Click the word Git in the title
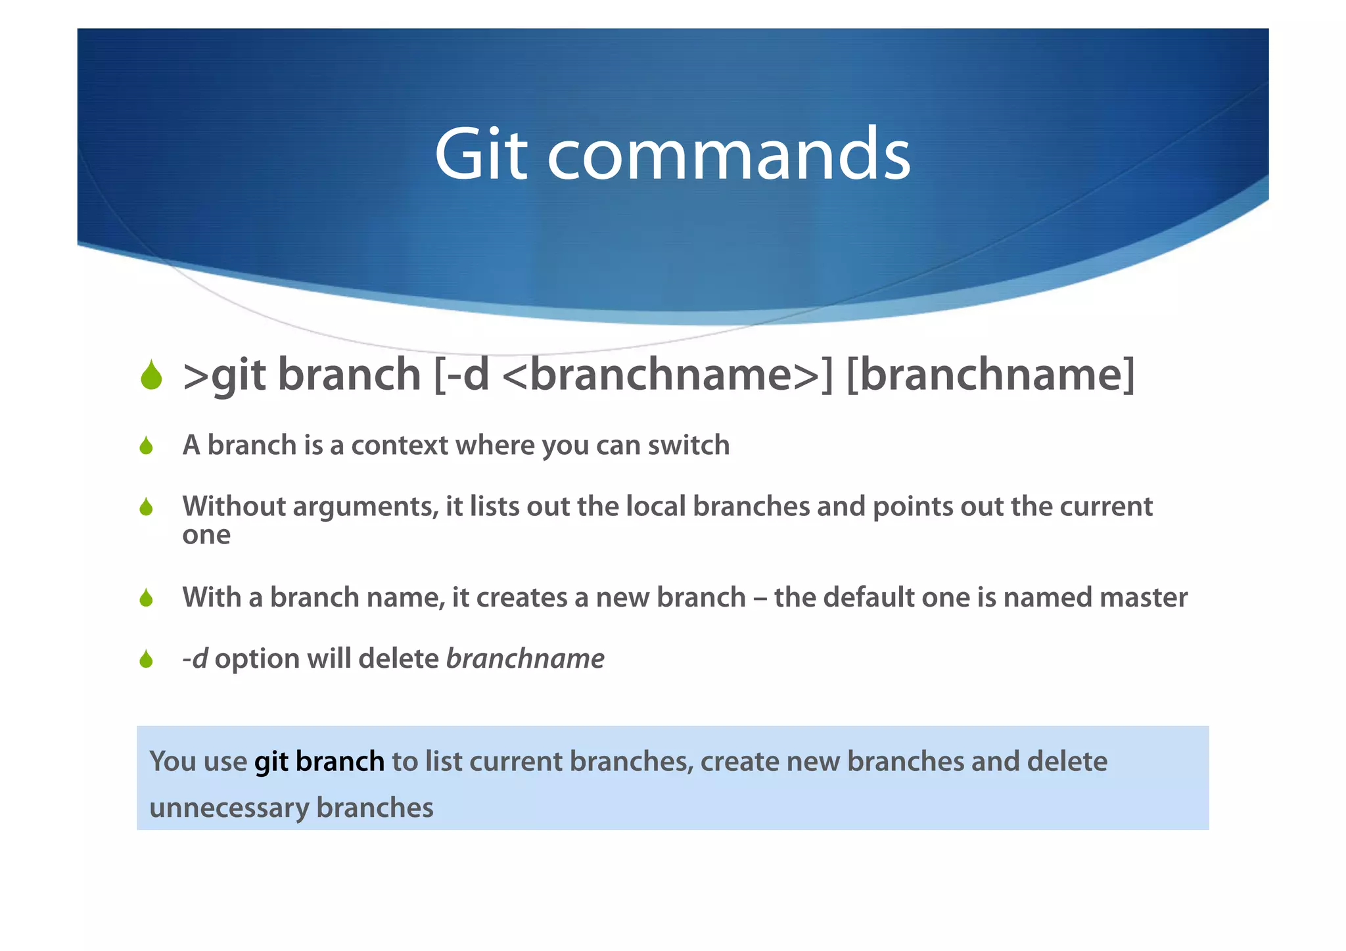tap(480, 154)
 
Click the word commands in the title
tap(729, 154)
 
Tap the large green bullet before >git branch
tap(151, 376)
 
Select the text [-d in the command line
tap(461, 375)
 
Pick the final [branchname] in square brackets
tap(990, 375)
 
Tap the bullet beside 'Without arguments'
tap(146, 507)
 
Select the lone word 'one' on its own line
tap(206, 536)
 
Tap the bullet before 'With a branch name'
tap(146, 598)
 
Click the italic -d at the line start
tap(195, 659)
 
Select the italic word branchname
tap(525, 659)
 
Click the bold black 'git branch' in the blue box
tap(319, 762)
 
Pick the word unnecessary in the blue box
tap(228, 808)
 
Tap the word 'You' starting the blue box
tap(173, 762)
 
